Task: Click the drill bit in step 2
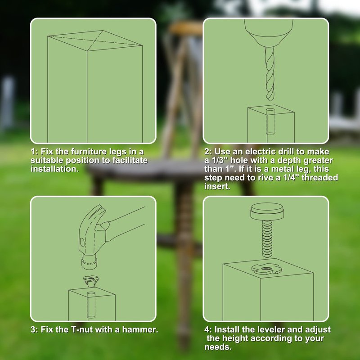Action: coord(270,73)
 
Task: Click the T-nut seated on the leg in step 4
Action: coord(266,269)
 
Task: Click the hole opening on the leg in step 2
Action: coord(270,110)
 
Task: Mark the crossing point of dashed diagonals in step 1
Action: coord(94,40)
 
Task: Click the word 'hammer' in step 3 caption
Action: coord(140,330)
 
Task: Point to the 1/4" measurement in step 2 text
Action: coord(292,178)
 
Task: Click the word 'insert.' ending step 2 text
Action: coord(217,186)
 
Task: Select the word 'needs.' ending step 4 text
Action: coord(218,347)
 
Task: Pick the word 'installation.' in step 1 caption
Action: coord(54,169)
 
